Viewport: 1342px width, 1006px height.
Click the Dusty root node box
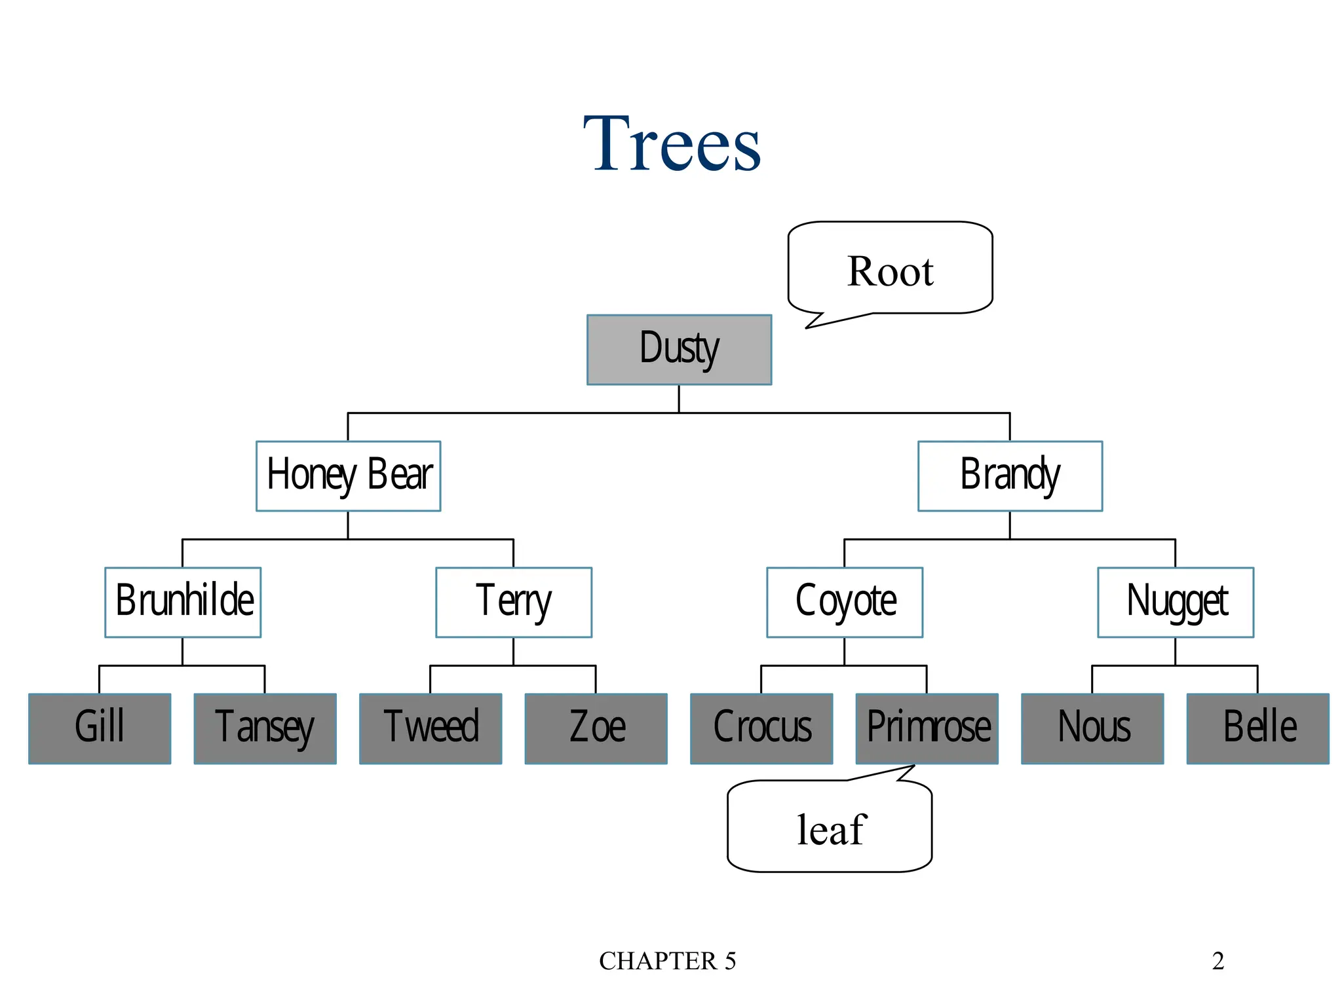pyautogui.click(x=679, y=350)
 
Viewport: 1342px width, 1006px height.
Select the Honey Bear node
pyautogui.click(x=348, y=476)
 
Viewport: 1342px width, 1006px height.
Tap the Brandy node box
pyautogui.click(x=1010, y=476)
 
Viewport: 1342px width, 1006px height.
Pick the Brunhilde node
pyautogui.click(x=183, y=603)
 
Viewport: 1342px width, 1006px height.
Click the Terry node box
pyautogui.click(x=514, y=603)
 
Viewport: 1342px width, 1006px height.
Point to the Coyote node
pyautogui.click(x=845, y=603)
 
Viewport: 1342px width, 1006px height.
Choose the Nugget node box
pyautogui.click(x=1176, y=603)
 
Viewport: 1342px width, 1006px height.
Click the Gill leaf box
pyautogui.click(x=100, y=728)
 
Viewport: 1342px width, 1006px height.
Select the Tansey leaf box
pyautogui.click(x=265, y=728)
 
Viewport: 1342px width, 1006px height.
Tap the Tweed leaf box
pyautogui.click(x=431, y=728)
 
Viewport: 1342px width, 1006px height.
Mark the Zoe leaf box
pyautogui.click(x=596, y=728)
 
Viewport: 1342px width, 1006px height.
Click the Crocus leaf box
pyautogui.click(x=761, y=728)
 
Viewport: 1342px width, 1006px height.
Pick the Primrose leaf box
pyautogui.click(x=927, y=728)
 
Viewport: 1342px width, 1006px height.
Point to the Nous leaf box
pyautogui.click(x=1092, y=728)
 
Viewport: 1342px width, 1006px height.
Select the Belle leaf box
pyautogui.click(x=1258, y=728)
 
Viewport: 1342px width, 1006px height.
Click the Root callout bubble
pyautogui.click(x=890, y=269)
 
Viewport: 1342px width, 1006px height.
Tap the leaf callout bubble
pyautogui.click(x=830, y=829)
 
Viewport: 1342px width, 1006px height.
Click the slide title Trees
pyautogui.click(x=672, y=144)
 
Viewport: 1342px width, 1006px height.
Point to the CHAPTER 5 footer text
pyautogui.click(x=667, y=961)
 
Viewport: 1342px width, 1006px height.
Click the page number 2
pyautogui.click(x=1217, y=961)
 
